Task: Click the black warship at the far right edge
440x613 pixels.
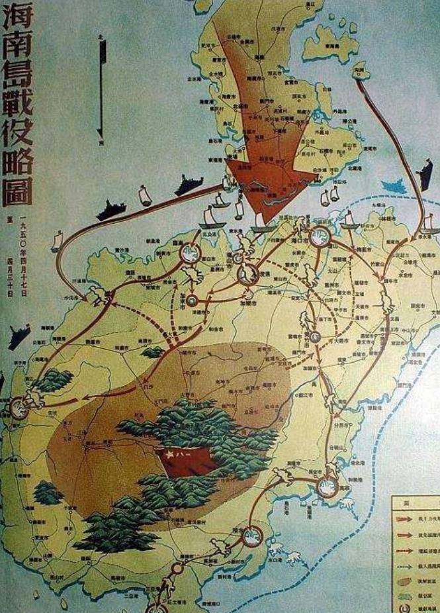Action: click(x=424, y=174)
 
